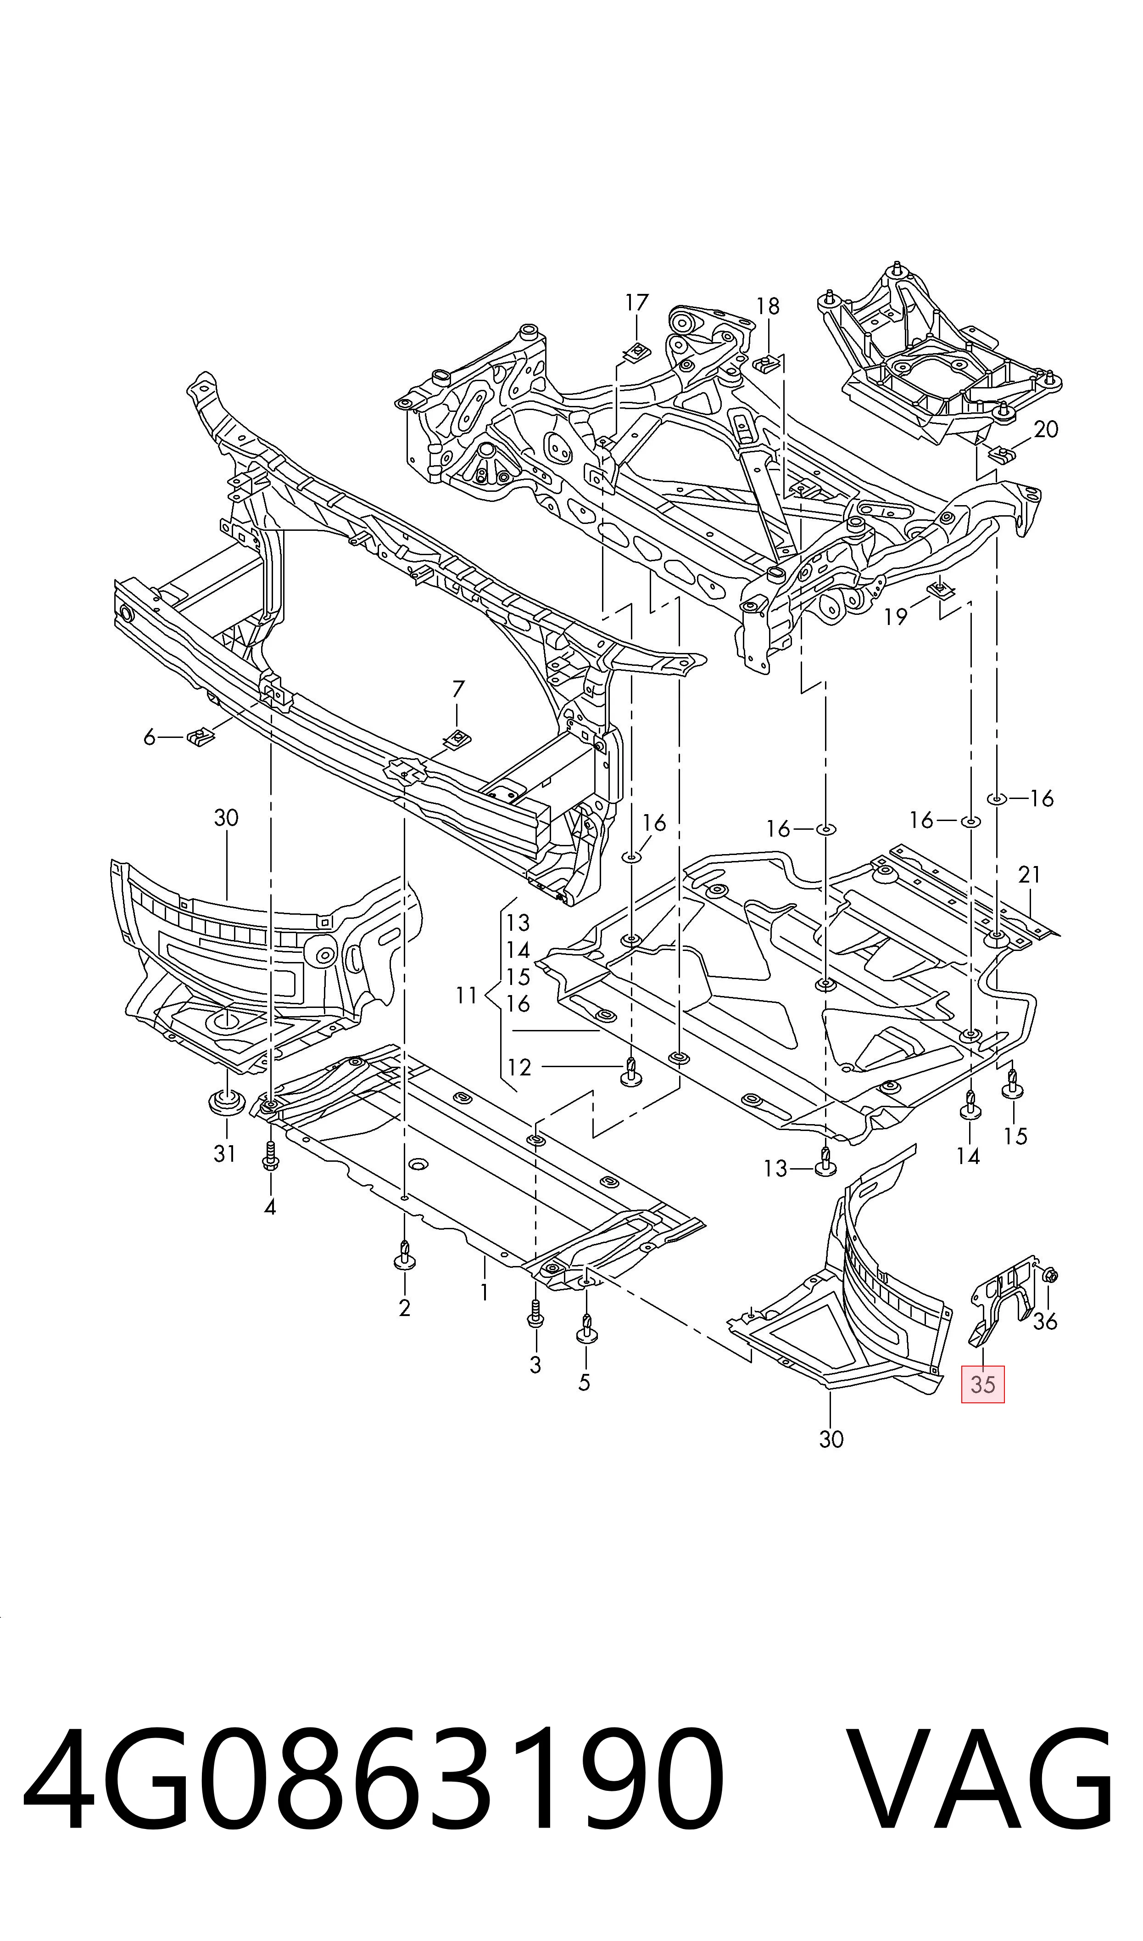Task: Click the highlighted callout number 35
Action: pyautogui.click(x=983, y=1384)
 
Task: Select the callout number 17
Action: pyautogui.click(x=637, y=302)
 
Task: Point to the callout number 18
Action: pyautogui.click(x=768, y=307)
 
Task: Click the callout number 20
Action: pyautogui.click(x=1046, y=429)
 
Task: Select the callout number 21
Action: pyautogui.click(x=1030, y=875)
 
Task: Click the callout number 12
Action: pyautogui.click(x=520, y=1067)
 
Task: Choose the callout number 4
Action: pyautogui.click(x=270, y=1207)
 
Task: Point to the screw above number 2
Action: pyautogui.click(x=404, y=1256)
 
